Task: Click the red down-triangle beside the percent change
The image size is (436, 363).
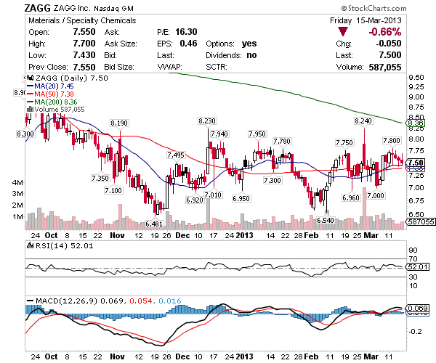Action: pyautogui.click(x=342, y=33)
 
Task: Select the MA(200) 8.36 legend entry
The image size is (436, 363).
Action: pyautogui.click(x=52, y=102)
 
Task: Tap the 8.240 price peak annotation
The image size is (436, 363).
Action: pyautogui.click(x=364, y=120)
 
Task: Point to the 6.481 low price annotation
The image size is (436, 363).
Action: pyautogui.click(x=154, y=224)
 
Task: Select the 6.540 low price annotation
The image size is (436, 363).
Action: pyautogui.click(x=325, y=220)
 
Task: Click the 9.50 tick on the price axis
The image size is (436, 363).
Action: pyautogui.click(x=416, y=77)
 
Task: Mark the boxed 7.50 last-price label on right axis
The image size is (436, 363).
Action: pyautogui.click(x=416, y=162)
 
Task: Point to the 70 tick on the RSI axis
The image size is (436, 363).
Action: pyautogui.click(x=412, y=257)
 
